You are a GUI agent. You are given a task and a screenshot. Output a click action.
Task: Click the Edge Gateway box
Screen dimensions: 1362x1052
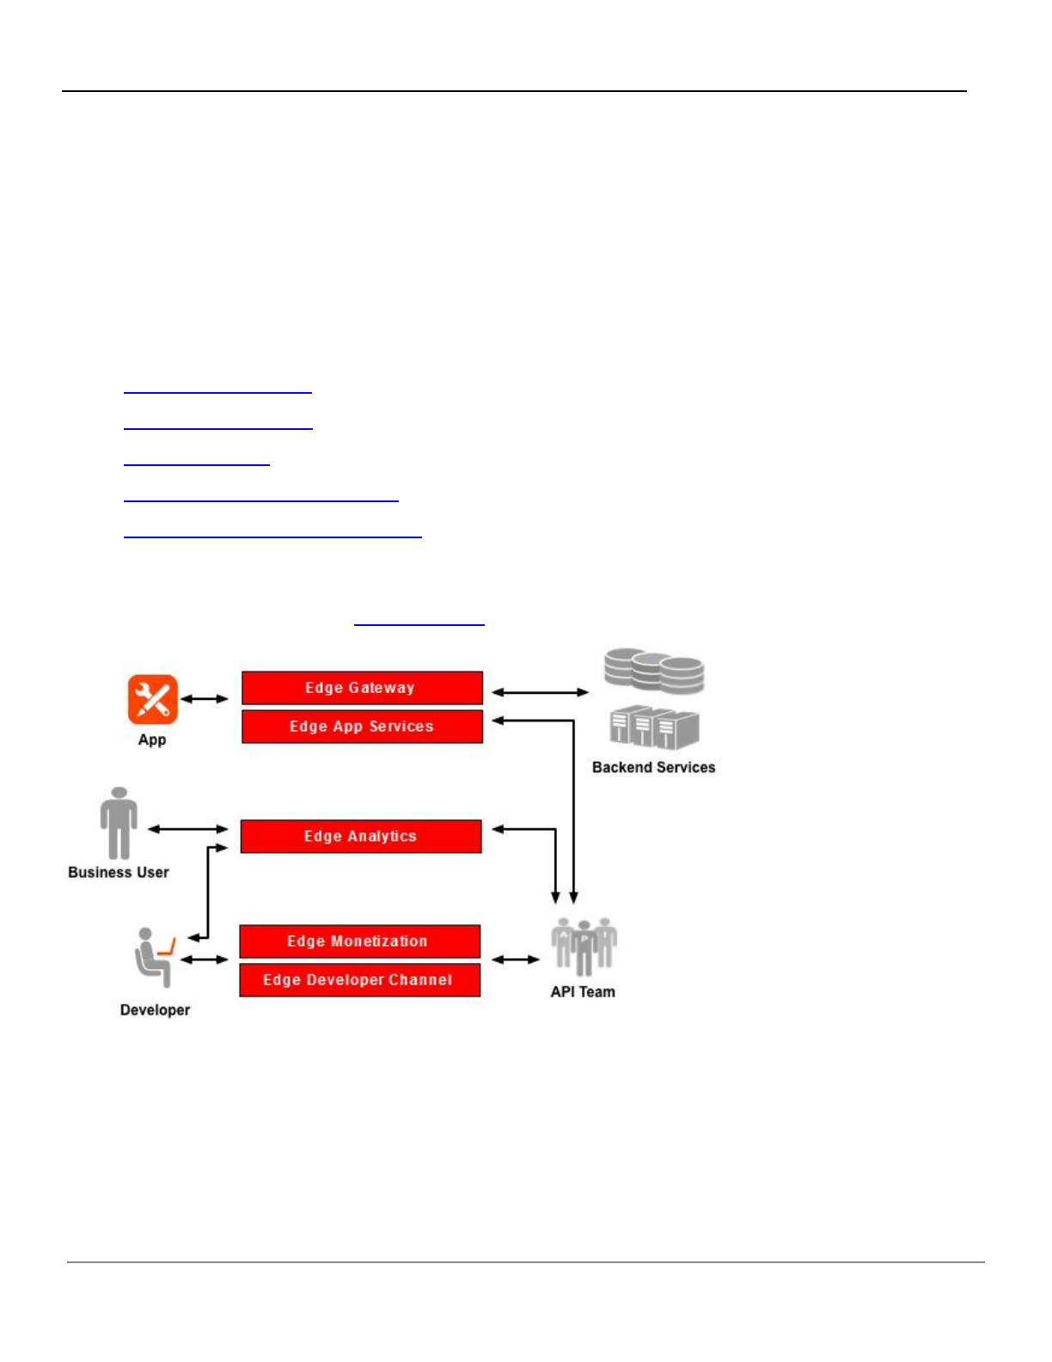pyautogui.click(x=362, y=688)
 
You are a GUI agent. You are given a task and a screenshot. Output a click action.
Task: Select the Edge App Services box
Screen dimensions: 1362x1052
pyautogui.click(x=362, y=727)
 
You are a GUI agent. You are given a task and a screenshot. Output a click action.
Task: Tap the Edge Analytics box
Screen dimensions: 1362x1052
pyautogui.click(x=361, y=837)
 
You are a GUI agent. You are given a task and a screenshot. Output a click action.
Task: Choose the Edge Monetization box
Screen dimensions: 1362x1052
pyautogui.click(x=359, y=942)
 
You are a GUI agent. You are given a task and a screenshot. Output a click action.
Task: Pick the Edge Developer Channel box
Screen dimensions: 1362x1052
pyautogui.click(x=359, y=980)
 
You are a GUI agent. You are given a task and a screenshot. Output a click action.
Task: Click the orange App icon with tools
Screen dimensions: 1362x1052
pyautogui.click(x=153, y=699)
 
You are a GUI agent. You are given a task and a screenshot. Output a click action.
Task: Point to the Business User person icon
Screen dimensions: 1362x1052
pyautogui.click(x=119, y=823)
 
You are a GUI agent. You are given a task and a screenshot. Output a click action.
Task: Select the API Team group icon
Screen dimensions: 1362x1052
pyautogui.click(x=584, y=946)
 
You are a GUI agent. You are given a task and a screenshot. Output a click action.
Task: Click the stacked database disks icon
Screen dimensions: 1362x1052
pyautogui.click(x=654, y=671)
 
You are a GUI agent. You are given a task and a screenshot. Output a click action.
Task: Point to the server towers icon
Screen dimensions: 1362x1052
pyautogui.click(x=654, y=727)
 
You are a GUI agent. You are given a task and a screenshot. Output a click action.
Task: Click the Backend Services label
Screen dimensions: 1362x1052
pyautogui.click(x=653, y=768)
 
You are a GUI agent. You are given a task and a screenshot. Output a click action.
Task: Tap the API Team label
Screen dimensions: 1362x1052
pyautogui.click(x=583, y=992)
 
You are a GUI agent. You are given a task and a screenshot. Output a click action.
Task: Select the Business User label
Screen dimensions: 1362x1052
pyautogui.click(x=119, y=873)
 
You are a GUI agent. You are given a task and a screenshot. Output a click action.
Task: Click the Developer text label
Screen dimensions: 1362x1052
pyautogui.click(x=155, y=1010)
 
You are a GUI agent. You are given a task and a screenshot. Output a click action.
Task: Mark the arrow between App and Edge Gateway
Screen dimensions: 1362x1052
pyautogui.click(x=205, y=699)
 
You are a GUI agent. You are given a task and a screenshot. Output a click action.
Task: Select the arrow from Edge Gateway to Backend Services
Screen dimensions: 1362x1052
pyautogui.click(x=540, y=692)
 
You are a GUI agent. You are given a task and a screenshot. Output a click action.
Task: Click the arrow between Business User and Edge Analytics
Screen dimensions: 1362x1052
pyautogui.click(x=188, y=829)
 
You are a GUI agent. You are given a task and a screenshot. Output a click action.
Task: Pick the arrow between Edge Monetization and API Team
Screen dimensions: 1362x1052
pyautogui.click(x=516, y=960)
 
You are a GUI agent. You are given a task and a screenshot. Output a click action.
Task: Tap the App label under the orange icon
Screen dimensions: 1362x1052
pyautogui.click(x=152, y=740)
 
